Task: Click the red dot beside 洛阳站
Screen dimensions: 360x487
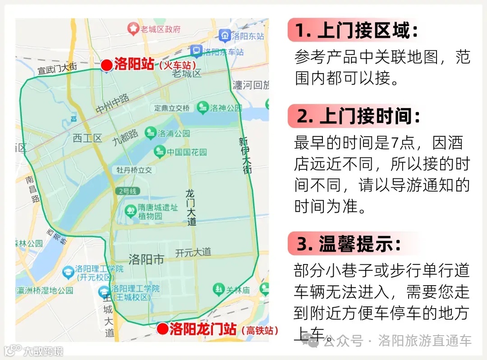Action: click(x=106, y=66)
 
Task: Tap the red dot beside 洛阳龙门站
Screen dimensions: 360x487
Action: click(x=163, y=329)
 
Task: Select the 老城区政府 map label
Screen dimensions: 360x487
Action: click(x=160, y=30)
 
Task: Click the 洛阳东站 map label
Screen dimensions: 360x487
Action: click(x=247, y=36)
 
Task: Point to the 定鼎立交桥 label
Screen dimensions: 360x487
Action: click(x=172, y=108)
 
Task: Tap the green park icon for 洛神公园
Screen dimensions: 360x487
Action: click(x=203, y=107)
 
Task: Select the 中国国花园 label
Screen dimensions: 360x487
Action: click(x=187, y=152)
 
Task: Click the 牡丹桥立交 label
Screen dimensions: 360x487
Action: click(x=134, y=170)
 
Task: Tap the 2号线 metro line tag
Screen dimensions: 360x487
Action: click(x=128, y=191)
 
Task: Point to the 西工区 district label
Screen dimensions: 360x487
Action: click(x=87, y=138)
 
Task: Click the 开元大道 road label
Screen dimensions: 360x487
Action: click(x=193, y=252)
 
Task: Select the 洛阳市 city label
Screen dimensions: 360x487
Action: click(x=146, y=260)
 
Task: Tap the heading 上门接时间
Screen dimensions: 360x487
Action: click(x=358, y=117)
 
